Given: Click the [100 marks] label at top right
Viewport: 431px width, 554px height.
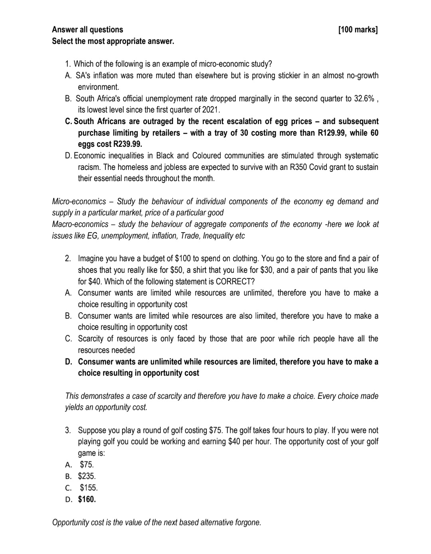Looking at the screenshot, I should point(358,30).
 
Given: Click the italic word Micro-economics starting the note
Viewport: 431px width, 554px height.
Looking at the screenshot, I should point(79,201).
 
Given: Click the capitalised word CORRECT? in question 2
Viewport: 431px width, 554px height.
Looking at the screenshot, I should point(235,282).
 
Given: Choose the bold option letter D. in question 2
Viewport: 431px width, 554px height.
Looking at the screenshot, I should point(69,362).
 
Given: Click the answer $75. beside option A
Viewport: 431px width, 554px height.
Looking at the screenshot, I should point(87,465).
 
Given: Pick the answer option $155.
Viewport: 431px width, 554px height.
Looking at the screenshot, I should point(89,488).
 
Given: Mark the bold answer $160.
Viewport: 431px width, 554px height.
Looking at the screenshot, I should point(87,499).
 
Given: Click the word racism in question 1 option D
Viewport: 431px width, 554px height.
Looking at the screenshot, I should point(88,167).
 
